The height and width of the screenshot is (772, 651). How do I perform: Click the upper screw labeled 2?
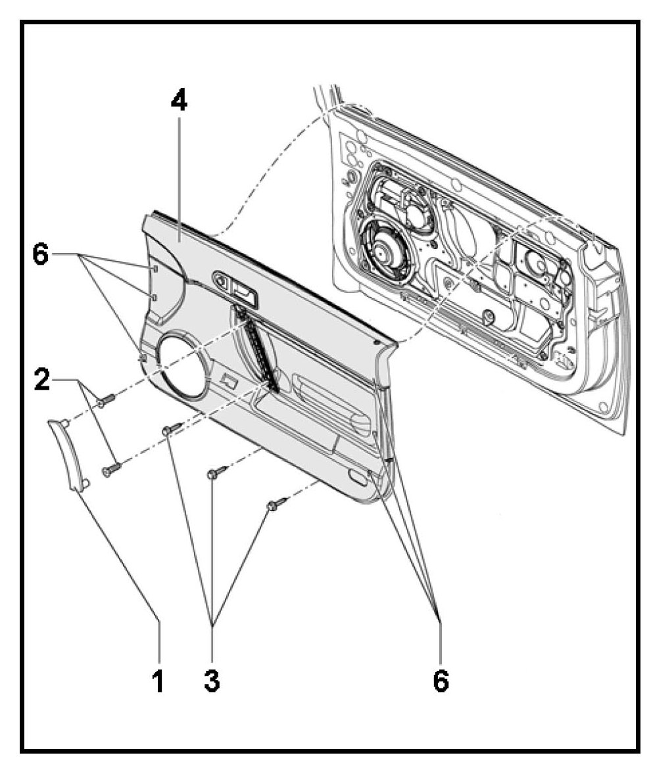click(x=106, y=398)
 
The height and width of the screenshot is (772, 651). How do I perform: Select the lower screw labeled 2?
click(x=112, y=468)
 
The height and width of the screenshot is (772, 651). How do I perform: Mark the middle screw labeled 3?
click(x=218, y=472)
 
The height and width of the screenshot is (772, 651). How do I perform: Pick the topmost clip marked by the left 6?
click(x=152, y=268)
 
